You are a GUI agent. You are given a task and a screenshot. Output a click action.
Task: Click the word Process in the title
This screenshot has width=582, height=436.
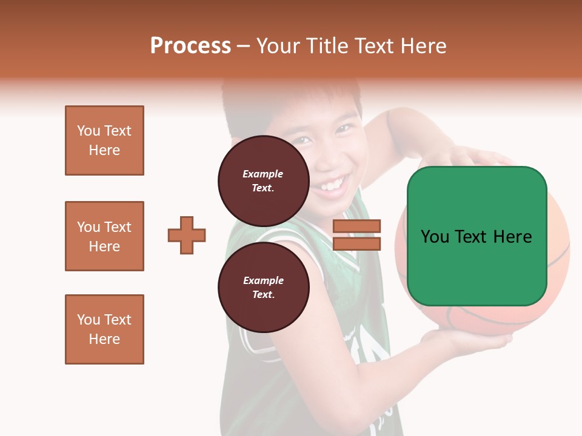[x=190, y=46]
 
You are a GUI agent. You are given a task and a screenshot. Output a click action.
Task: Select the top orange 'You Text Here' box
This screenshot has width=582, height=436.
[x=104, y=140]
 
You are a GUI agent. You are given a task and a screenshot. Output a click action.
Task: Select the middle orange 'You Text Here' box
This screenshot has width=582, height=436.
[x=104, y=236]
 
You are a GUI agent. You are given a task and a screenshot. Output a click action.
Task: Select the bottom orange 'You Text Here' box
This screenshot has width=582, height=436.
[x=104, y=329]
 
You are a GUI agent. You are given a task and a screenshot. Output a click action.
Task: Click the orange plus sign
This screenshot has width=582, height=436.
[x=187, y=235]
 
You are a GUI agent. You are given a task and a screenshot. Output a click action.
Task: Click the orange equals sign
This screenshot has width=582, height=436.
[x=356, y=235]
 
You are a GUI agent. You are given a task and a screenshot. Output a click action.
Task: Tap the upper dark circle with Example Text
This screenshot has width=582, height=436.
[x=263, y=181]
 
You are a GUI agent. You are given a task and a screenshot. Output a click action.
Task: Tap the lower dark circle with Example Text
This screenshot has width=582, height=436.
[x=263, y=287]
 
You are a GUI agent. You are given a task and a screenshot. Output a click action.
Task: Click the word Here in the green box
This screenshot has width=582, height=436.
[x=512, y=237]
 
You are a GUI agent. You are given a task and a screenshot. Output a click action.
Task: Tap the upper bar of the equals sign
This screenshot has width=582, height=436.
[x=356, y=226]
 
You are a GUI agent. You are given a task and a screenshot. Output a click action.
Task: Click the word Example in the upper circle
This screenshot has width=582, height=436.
[x=263, y=174]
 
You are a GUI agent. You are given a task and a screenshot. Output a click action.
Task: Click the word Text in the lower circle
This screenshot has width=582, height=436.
[x=263, y=294]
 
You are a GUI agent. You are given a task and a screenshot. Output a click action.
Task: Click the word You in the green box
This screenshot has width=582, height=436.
[x=434, y=237]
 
